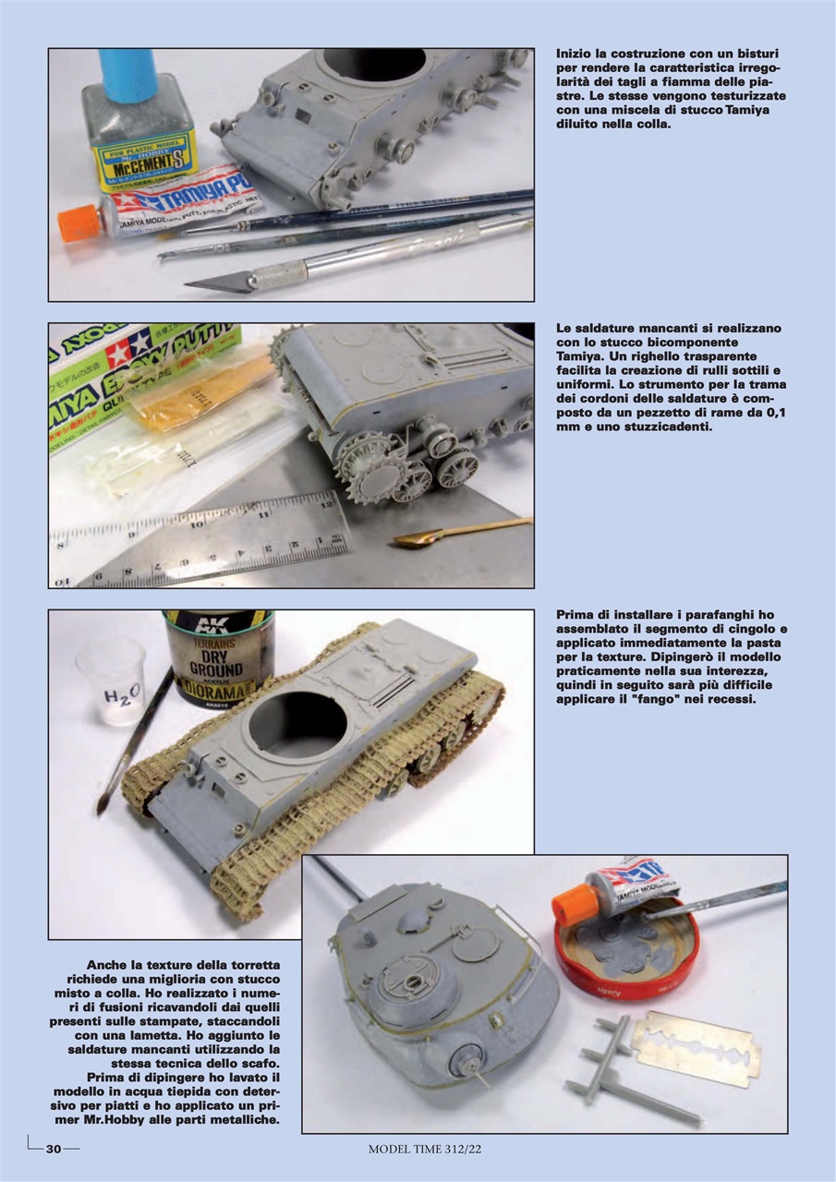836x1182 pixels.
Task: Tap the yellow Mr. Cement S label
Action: pos(143,156)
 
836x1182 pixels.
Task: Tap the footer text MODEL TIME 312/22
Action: pos(425,1150)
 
